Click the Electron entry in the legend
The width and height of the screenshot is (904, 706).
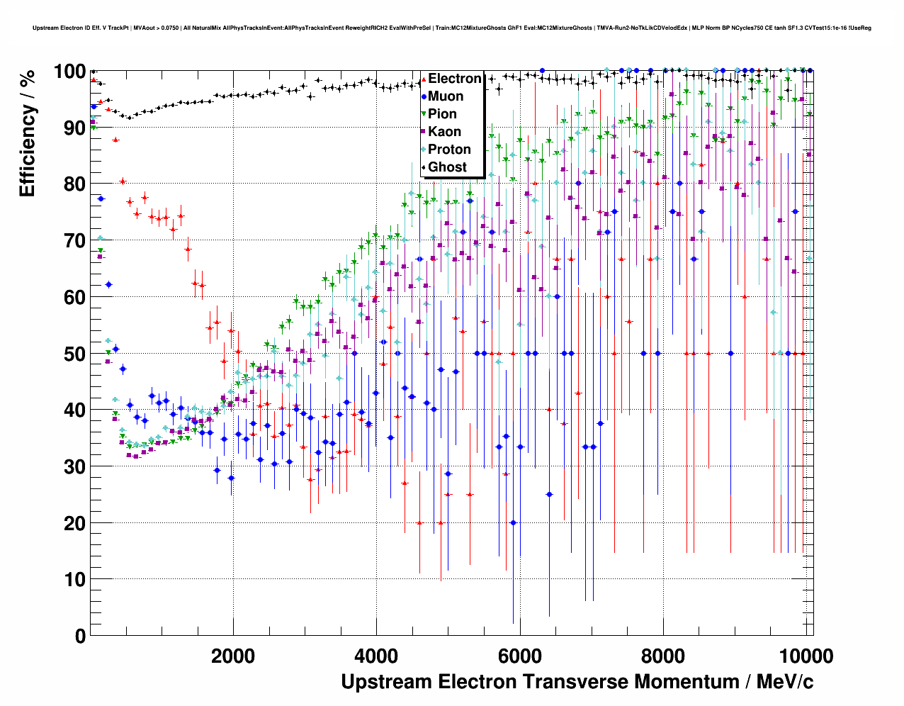click(454, 79)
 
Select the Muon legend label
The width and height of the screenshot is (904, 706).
click(446, 96)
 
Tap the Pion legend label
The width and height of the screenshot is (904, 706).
click(442, 114)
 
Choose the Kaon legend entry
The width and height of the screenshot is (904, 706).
click(444, 132)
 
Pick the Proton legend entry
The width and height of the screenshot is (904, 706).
click(449, 150)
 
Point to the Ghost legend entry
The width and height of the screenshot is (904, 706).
click(447, 167)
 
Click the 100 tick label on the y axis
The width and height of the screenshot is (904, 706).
click(69, 72)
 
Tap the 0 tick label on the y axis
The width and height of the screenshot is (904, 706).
click(80, 636)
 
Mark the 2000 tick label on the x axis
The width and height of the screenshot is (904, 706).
click(233, 656)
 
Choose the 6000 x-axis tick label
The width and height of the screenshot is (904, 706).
click(519, 656)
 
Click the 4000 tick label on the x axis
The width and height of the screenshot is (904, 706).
click(376, 656)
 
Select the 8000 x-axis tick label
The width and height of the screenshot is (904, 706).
click(662, 656)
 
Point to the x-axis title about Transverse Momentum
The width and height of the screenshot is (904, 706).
click(577, 682)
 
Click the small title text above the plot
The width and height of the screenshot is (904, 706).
click(452, 28)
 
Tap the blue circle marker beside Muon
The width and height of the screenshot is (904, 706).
click(423, 96)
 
